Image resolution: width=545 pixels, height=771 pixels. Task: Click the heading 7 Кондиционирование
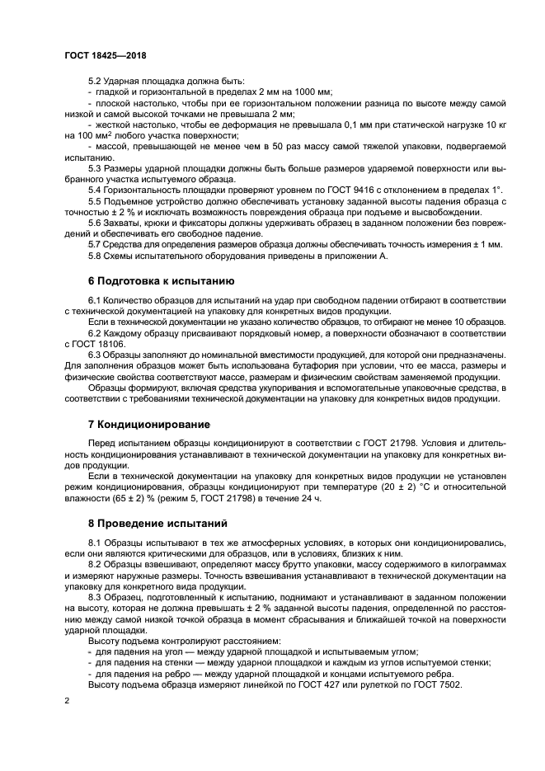coord(148,424)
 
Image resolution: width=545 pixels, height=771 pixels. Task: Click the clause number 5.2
coord(96,81)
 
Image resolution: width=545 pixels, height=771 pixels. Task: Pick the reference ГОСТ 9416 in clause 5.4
coord(272,190)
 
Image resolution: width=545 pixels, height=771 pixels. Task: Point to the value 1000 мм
coord(314,92)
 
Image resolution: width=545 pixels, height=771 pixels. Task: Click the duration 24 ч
coord(310,499)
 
